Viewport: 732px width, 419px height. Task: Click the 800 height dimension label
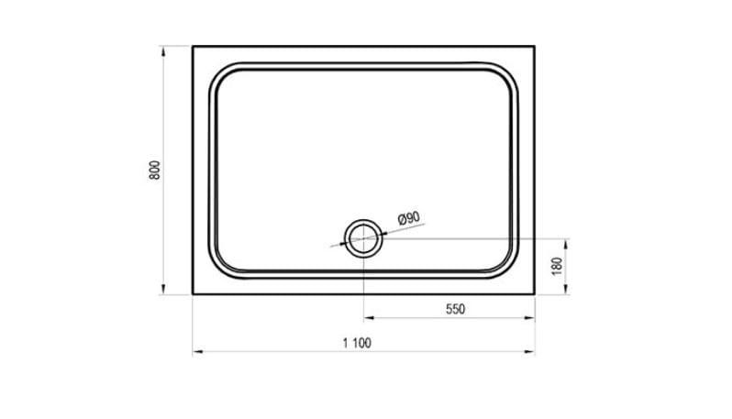point(155,171)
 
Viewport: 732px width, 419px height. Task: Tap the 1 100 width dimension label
point(357,344)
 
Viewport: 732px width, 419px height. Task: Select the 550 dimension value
point(455,309)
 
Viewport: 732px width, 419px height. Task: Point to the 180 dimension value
point(558,266)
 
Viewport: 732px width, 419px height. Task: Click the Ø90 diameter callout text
point(409,218)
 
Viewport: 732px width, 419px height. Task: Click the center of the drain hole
point(363,238)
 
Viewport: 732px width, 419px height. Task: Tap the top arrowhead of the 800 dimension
point(163,51)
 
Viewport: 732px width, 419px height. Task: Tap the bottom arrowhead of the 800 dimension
point(163,290)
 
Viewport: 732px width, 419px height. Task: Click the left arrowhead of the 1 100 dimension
point(198,352)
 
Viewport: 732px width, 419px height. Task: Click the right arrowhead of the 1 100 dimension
point(529,352)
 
